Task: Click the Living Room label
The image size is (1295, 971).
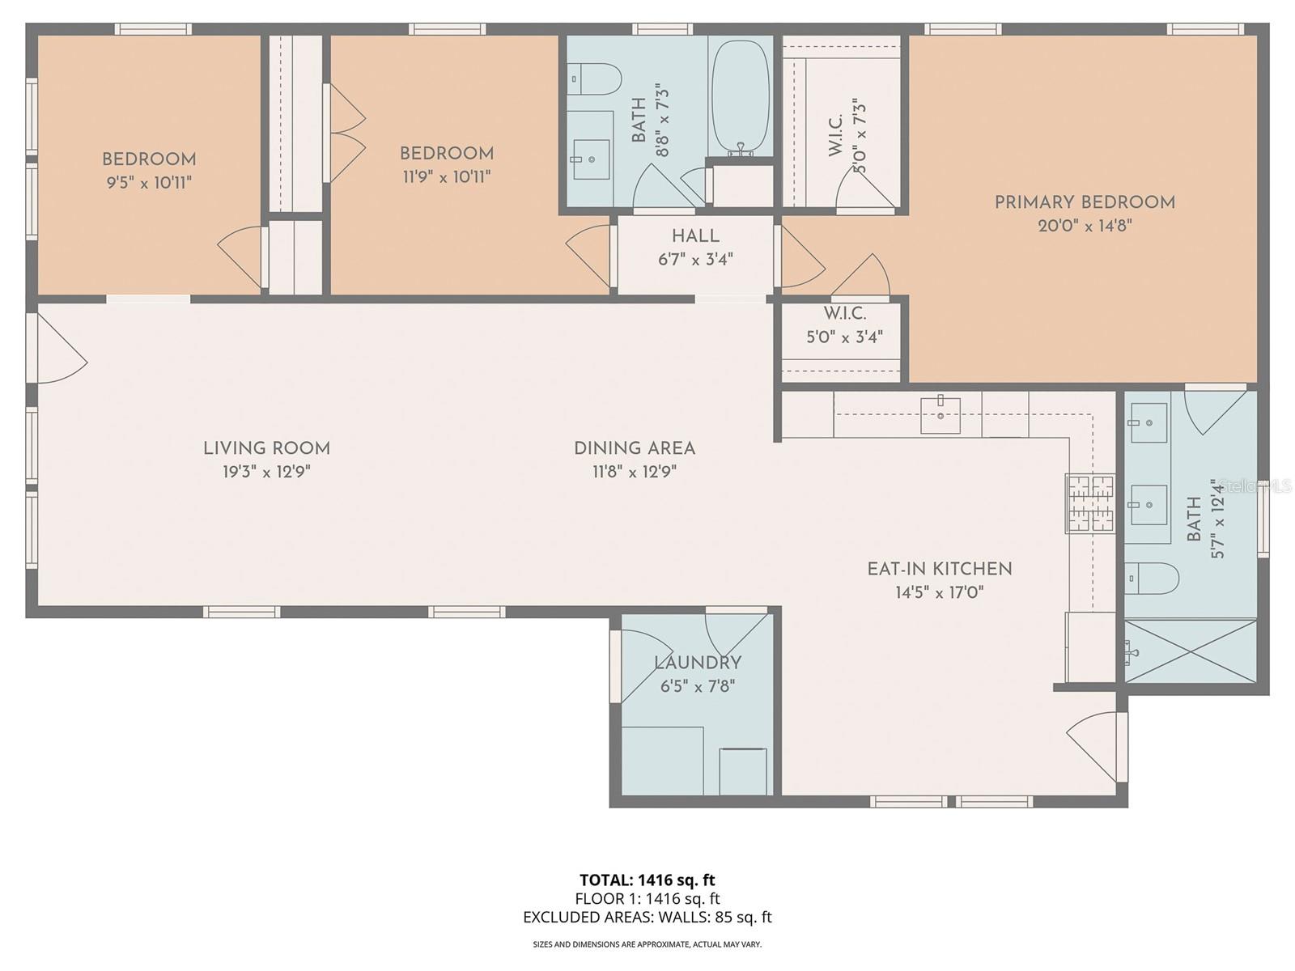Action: click(x=266, y=448)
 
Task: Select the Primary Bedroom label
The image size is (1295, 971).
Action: click(x=1085, y=202)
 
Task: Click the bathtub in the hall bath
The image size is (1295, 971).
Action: click(x=740, y=95)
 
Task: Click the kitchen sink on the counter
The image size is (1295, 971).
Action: click(x=940, y=415)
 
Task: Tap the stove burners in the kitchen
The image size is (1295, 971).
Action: click(x=1090, y=503)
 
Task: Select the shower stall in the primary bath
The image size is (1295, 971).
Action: click(x=1191, y=651)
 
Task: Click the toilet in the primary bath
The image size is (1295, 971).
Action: click(x=1152, y=578)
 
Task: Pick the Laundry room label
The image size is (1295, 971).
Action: click(x=697, y=664)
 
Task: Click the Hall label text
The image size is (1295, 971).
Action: click(x=695, y=236)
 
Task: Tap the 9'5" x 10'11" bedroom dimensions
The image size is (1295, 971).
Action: click(x=149, y=183)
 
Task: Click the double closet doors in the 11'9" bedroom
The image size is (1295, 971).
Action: click(x=346, y=134)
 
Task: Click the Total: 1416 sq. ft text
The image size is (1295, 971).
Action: click(x=647, y=880)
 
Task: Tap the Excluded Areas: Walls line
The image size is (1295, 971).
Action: click(x=647, y=917)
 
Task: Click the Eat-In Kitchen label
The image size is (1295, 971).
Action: click(x=939, y=569)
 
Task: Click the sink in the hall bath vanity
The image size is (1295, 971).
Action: click(x=591, y=159)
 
